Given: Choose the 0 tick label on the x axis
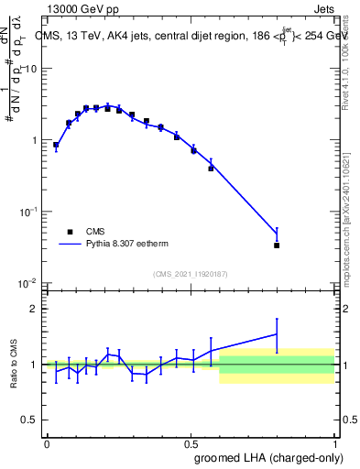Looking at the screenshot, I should (46, 442).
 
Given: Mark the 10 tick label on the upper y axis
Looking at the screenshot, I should (31, 69).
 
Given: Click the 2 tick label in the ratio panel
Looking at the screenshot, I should (34, 309).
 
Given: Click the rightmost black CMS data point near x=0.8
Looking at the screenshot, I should (277, 245).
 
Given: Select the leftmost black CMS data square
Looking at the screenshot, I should (56, 145).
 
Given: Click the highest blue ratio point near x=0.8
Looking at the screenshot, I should (277, 334).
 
